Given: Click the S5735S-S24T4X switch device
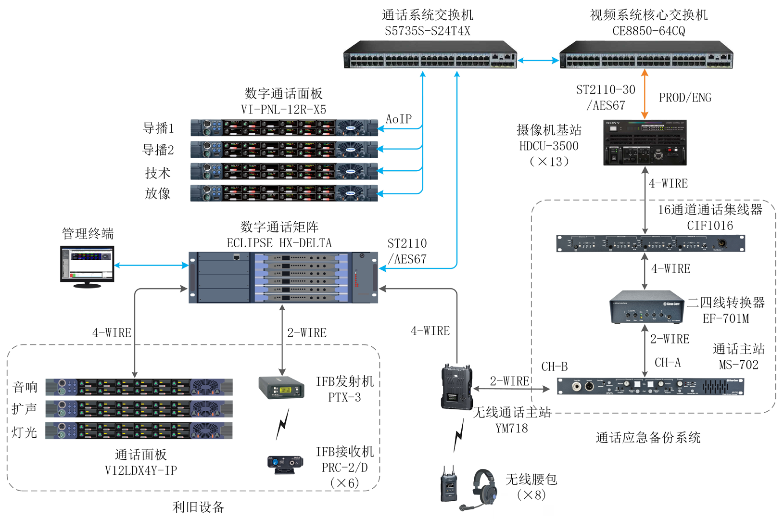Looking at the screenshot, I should [430, 55].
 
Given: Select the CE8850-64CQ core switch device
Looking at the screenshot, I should [646, 55].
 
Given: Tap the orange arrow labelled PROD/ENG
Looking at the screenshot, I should [645, 95].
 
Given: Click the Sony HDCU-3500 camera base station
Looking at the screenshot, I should [645, 143].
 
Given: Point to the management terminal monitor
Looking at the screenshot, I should [87, 266].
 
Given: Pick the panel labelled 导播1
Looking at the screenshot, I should [284, 128].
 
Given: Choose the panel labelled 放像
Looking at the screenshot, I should [284, 193].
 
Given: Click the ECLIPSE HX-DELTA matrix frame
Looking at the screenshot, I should [283, 278].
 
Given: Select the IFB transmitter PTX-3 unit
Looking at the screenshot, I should [281, 388].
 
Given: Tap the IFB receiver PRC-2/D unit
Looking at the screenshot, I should [284, 464].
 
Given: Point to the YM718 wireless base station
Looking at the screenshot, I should [456, 387].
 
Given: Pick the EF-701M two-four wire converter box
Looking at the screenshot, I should [646, 306].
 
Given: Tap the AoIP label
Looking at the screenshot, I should [399, 119].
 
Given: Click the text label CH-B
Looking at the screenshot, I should [554, 367].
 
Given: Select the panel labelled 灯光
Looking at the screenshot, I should [139, 430].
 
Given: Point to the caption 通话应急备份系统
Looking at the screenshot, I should [648, 438].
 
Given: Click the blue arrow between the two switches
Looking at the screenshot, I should [538, 61].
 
